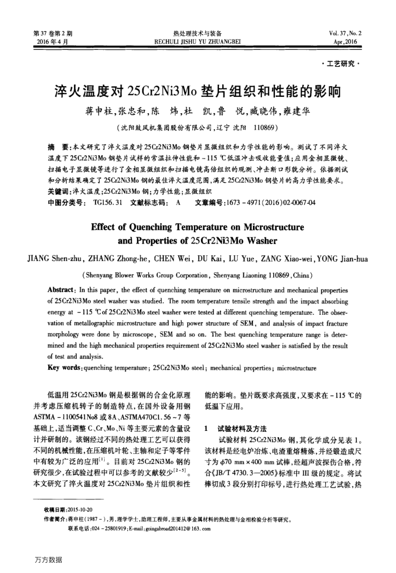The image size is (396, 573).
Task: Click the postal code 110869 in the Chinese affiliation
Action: tap(261, 126)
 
